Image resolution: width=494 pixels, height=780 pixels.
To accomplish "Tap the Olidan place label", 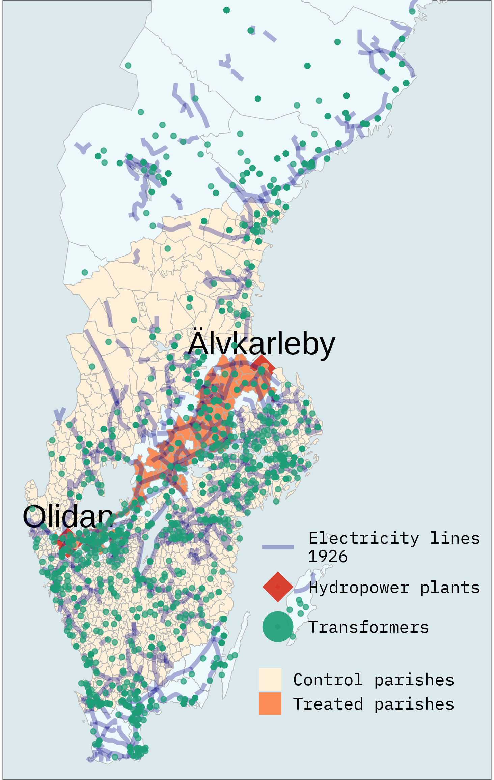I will (x=67, y=516).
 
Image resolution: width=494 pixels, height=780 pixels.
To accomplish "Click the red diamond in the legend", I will (x=278, y=587).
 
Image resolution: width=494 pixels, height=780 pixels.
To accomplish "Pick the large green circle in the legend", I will (x=278, y=627).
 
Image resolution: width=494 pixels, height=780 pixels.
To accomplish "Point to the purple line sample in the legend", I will (x=278, y=547).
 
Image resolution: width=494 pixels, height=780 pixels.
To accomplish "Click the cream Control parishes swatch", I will (x=270, y=680).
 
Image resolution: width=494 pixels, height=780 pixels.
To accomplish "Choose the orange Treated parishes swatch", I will (x=270, y=704).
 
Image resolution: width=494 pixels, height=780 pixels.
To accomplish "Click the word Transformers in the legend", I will (x=368, y=627).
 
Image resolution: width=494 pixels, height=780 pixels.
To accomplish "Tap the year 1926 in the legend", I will (x=327, y=557).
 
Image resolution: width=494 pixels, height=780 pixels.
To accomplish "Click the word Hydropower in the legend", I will (x=359, y=588).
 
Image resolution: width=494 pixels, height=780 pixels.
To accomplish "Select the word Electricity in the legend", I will (x=364, y=538).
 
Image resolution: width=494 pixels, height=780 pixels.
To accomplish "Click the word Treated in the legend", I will (x=328, y=704).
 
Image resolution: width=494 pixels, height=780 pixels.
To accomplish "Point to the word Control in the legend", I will (x=328, y=680).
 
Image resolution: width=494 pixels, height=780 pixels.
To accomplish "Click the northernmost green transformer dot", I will (x=226, y=10).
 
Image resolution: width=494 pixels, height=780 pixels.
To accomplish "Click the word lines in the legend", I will (x=455, y=538).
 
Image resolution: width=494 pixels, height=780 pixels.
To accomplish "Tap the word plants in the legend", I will (x=449, y=588).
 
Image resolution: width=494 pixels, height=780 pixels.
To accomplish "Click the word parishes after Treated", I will (x=414, y=704).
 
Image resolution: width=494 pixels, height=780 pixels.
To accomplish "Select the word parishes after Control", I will (x=414, y=680).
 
